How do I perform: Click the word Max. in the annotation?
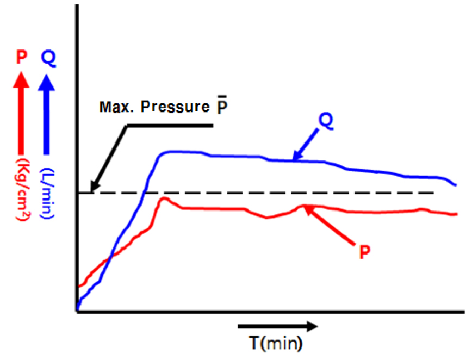click(x=113, y=107)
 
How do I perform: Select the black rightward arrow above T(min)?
click(x=277, y=327)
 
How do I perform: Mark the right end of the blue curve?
click(x=456, y=185)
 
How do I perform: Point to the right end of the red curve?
click(x=456, y=214)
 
